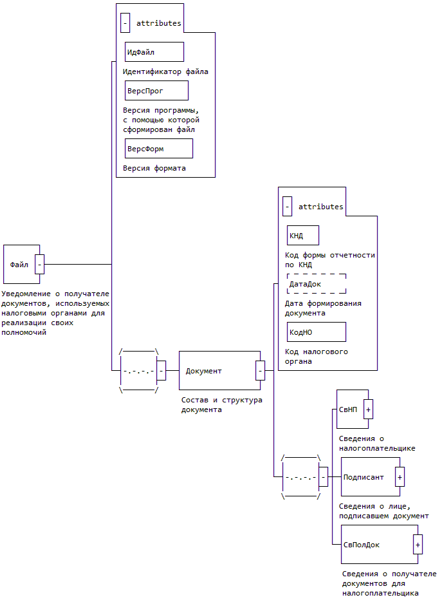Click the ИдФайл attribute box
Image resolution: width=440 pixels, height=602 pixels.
coord(154,52)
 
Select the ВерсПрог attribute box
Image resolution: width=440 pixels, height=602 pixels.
coord(156,90)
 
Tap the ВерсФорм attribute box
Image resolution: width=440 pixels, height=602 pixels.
coord(159,148)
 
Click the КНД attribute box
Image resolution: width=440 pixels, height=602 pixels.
coord(303,236)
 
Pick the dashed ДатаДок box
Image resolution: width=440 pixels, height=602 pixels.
coord(316,283)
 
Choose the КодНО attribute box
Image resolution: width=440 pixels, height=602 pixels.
coord(316,332)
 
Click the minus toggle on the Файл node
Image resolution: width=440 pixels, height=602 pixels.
coord(40,264)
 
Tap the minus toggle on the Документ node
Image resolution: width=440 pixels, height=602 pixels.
coord(260,371)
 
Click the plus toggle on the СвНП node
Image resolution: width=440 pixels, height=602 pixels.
coord(369,409)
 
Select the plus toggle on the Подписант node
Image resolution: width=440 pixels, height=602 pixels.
coord(399,477)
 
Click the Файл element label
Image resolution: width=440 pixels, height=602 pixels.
coord(19,264)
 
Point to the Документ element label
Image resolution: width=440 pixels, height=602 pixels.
coord(204,371)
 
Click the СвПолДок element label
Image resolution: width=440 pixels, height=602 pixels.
coord(362,545)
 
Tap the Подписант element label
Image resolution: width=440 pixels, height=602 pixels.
coord(363,477)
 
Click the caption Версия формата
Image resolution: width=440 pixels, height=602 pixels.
coord(154,168)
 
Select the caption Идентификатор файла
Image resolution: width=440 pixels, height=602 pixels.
coord(165,71)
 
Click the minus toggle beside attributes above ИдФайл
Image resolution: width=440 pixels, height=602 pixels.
coord(125,23)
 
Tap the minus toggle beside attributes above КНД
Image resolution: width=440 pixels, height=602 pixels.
coord(287,207)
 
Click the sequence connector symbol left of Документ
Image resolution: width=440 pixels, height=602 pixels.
coord(139,371)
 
